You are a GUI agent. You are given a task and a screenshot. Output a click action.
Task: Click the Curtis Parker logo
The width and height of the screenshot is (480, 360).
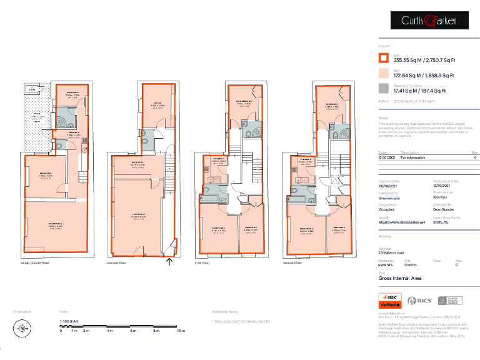click(x=421, y=21)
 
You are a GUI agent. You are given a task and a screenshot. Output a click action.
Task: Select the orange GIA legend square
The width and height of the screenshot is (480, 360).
click(x=384, y=58)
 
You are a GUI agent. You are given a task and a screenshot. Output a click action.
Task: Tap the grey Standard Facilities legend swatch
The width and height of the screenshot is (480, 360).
click(x=384, y=88)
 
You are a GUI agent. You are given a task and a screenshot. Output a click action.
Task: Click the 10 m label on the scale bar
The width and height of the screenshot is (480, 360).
click(x=181, y=330)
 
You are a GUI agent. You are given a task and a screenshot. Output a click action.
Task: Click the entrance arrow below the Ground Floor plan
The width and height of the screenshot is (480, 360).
click(x=169, y=261)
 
